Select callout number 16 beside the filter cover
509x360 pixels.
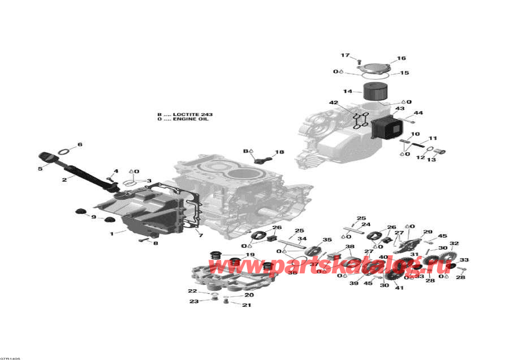401,58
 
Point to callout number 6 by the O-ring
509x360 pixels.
80,145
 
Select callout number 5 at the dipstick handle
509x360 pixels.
40,168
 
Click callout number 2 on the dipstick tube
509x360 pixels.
64,179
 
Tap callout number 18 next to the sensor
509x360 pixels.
279,152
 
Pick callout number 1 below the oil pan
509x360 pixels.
111,233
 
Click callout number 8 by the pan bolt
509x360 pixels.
156,243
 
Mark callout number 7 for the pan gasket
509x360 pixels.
200,234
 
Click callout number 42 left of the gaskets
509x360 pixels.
333,102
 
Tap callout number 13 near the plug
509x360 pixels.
431,159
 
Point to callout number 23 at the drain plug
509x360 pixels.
194,301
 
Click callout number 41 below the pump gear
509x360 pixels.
400,288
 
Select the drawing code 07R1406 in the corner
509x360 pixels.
10,358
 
